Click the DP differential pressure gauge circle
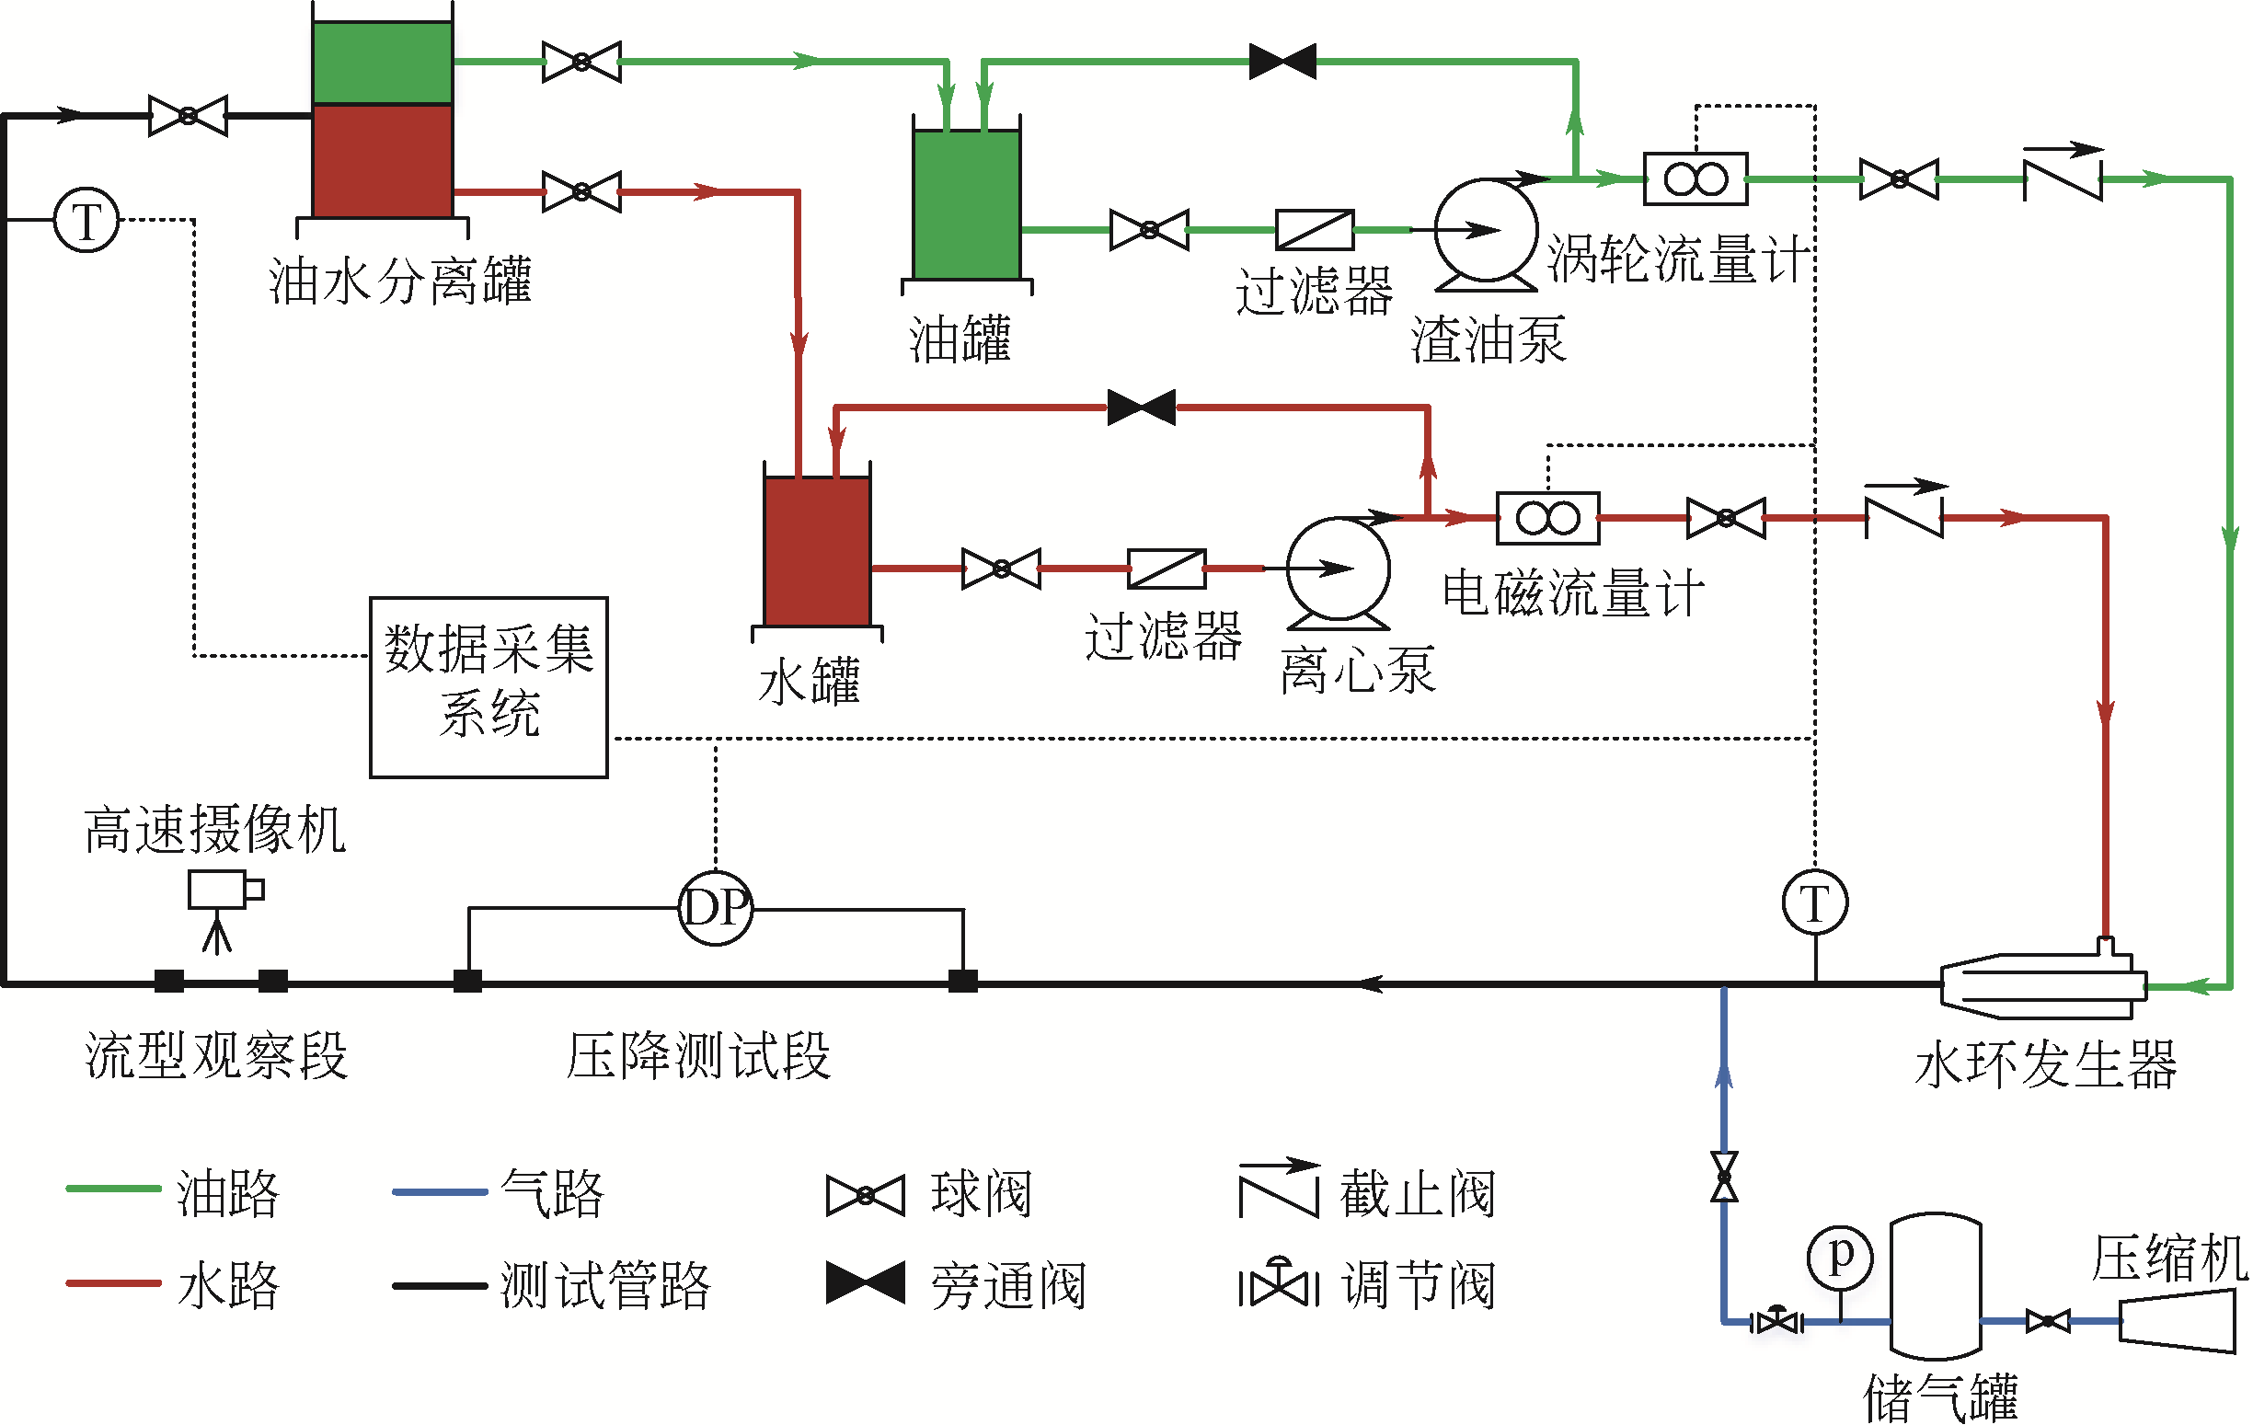click(x=715, y=908)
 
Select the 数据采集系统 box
click(x=489, y=687)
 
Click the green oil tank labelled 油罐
click(x=967, y=204)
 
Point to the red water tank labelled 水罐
click(x=817, y=551)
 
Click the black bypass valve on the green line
click(x=1282, y=62)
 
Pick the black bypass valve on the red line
click(x=1142, y=407)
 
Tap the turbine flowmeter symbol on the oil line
click(x=1695, y=178)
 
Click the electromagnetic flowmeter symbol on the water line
click(x=1547, y=517)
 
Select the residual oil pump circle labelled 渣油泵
click(x=1486, y=230)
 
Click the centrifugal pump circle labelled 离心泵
click(x=1338, y=568)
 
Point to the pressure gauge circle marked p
click(x=1839, y=1257)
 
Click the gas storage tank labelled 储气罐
click(x=1935, y=1286)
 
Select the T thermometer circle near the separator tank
click(x=87, y=221)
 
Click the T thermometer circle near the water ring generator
click(x=1814, y=902)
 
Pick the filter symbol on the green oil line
click(x=1315, y=230)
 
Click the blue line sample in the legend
click(x=440, y=1192)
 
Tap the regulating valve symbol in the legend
click(x=1278, y=1285)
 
